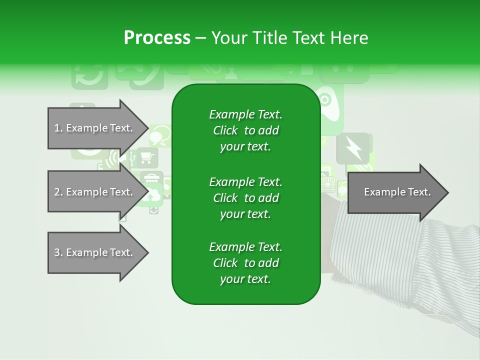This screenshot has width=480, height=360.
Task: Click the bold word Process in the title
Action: [x=157, y=38]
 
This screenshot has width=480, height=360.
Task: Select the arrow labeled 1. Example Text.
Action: [x=95, y=128]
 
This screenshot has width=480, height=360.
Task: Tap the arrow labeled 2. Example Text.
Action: [x=95, y=192]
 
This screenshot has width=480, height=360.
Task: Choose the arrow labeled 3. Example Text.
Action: [x=95, y=252]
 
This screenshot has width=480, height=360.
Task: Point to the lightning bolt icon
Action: [x=353, y=148]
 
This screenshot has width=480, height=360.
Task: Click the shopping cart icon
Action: [x=146, y=158]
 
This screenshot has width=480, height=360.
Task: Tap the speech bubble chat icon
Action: [x=160, y=135]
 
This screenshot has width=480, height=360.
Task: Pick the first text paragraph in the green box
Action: [x=245, y=130]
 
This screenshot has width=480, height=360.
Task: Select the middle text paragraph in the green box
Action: [x=245, y=198]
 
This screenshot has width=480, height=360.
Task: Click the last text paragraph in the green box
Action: [x=245, y=263]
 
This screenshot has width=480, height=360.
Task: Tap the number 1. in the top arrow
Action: [x=58, y=128]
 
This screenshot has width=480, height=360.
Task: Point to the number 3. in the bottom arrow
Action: [x=58, y=252]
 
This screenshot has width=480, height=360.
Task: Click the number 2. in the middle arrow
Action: [x=58, y=192]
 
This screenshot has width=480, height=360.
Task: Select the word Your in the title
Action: [x=227, y=38]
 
